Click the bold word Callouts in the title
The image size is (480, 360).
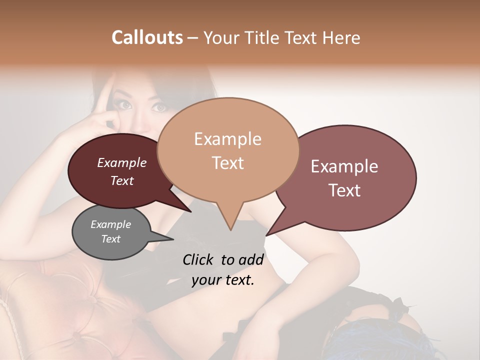[147, 37]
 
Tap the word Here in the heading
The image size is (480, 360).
[339, 37]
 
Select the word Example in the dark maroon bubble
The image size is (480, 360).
[122, 162]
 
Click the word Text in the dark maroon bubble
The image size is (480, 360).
[122, 180]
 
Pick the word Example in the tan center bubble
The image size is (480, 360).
[227, 139]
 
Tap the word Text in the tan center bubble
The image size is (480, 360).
[227, 163]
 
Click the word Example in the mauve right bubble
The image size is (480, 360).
[344, 166]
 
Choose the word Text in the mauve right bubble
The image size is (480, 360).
[344, 190]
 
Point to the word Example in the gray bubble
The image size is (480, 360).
[111, 224]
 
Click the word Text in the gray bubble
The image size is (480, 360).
[111, 239]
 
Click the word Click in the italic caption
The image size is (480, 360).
[199, 259]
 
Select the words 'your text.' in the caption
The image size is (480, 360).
[223, 280]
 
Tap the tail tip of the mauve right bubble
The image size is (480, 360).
[266, 235]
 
